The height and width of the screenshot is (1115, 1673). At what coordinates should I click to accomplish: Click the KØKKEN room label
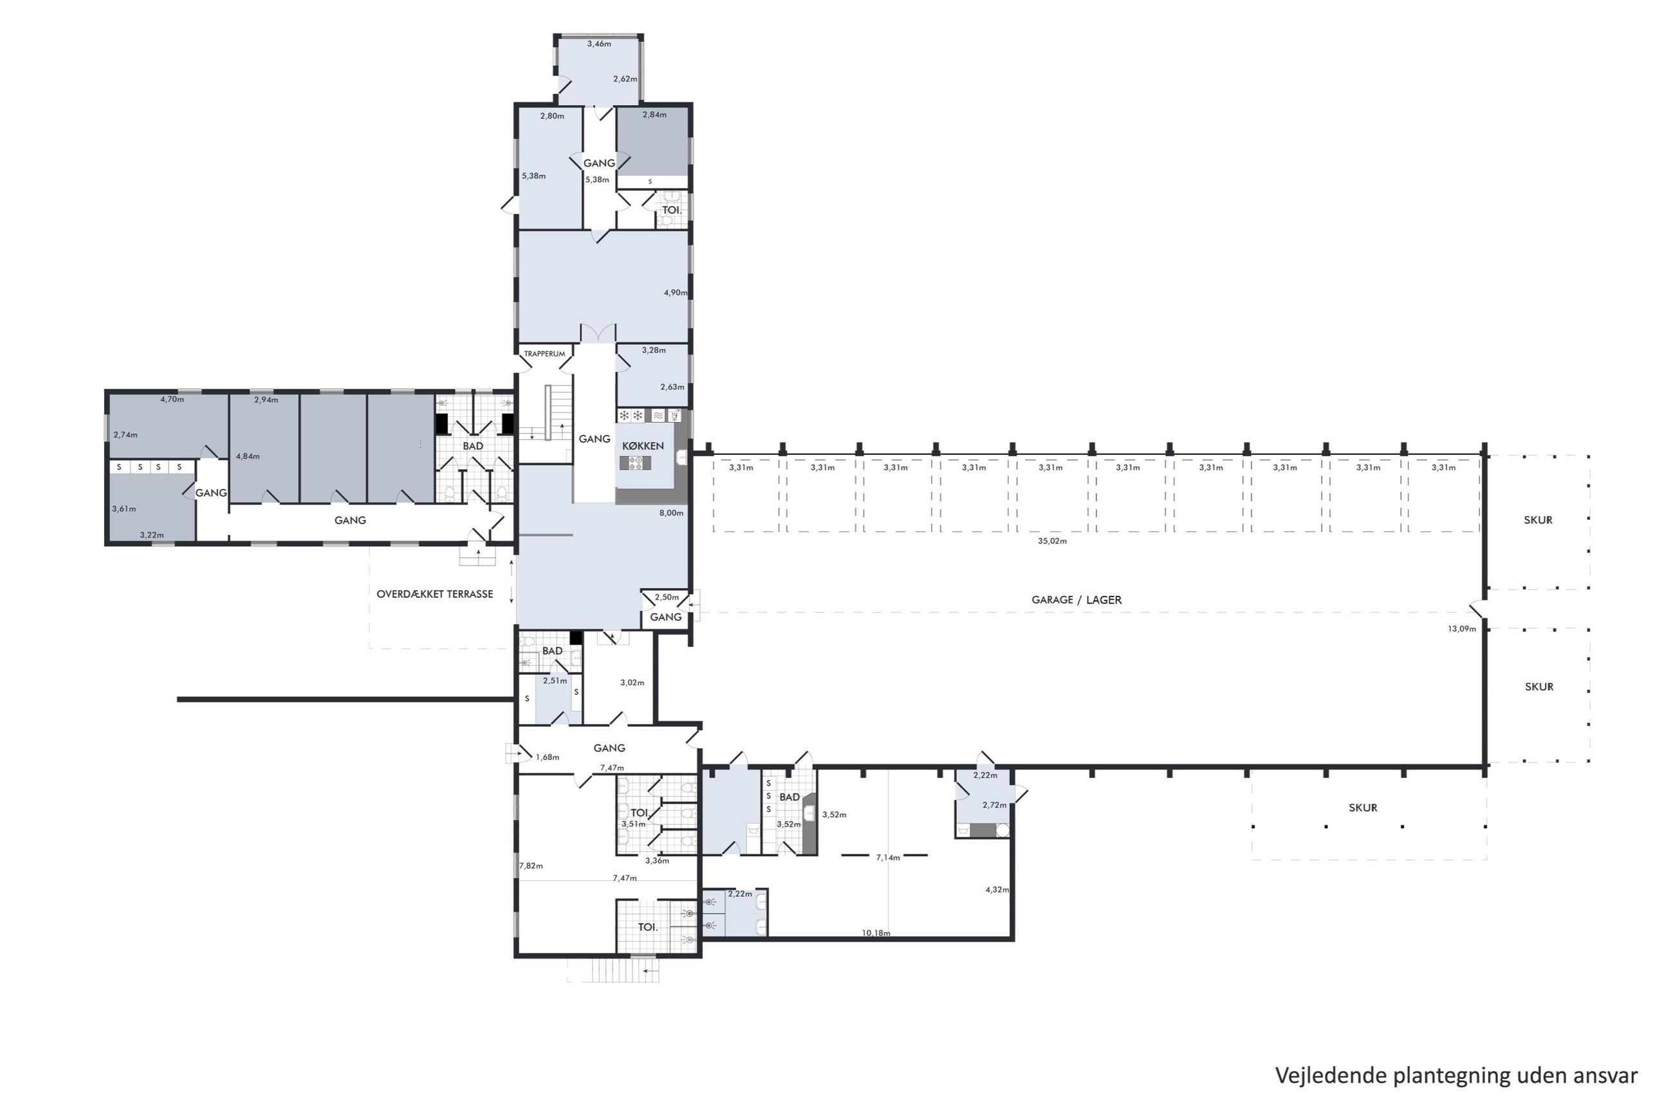point(642,446)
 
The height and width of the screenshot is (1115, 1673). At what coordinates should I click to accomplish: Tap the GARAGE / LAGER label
point(1076,600)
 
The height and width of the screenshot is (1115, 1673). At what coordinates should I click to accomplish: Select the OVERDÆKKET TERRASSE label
point(434,594)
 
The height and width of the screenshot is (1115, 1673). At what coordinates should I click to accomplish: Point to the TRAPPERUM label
point(544,353)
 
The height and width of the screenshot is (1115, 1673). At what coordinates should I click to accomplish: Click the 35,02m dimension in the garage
point(1051,541)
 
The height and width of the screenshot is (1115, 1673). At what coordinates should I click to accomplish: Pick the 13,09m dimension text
point(1461,629)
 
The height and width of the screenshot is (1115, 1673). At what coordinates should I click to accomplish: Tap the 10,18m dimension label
point(875,933)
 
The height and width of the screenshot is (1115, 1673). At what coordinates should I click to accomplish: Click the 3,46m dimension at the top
point(598,44)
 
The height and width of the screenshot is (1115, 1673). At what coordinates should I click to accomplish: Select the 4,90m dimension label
point(676,293)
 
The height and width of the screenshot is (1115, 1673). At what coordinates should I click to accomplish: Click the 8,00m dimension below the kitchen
point(671,513)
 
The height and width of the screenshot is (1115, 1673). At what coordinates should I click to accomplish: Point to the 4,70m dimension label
point(172,400)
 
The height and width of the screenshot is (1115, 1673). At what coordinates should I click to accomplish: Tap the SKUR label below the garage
point(1362,808)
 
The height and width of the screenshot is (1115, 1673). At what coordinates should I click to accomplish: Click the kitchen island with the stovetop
point(635,463)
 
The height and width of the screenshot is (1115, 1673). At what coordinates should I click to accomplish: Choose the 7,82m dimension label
point(531,866)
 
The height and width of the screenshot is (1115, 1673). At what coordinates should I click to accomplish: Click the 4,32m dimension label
point(997,890)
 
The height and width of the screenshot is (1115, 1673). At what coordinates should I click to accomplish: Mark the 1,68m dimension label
point(548,757)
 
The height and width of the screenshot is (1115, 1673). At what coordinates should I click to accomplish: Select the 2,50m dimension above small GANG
point(667,597)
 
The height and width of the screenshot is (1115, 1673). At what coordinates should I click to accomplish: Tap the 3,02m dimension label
point(632,683)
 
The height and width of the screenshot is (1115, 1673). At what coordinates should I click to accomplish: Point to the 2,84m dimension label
point(654,115)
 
